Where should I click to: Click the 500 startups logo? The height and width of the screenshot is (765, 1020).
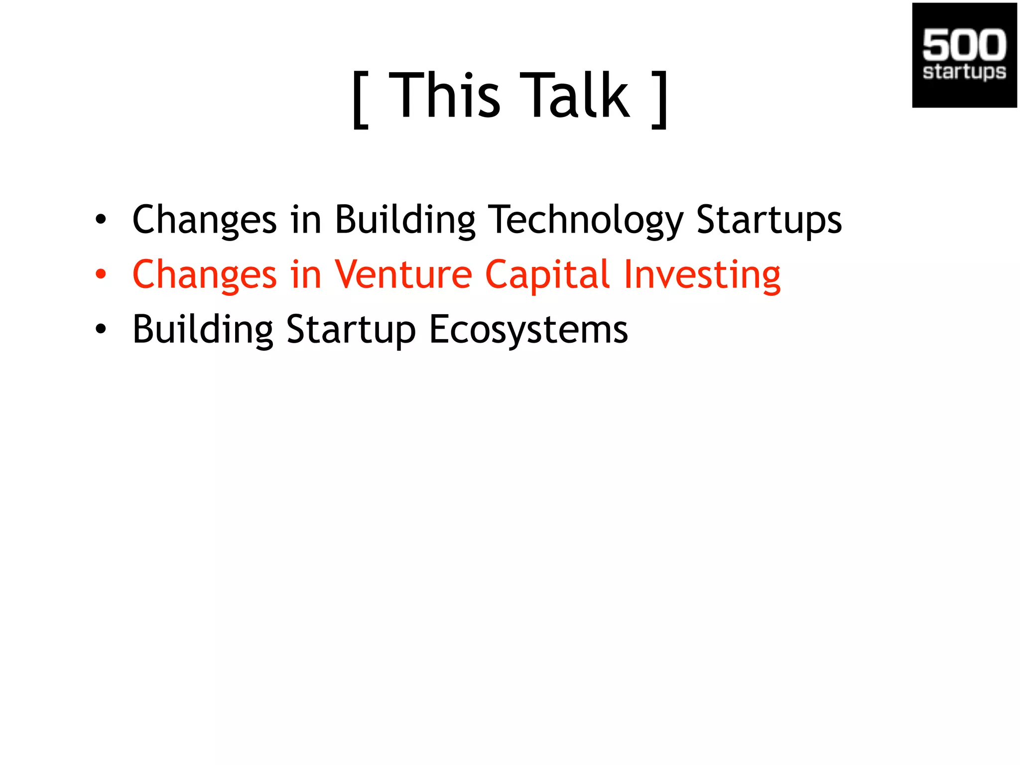[x=964, y=55]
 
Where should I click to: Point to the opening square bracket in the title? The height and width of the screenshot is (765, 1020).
[x=360, y=100]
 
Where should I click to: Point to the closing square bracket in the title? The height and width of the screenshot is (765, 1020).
[x=660, y=100]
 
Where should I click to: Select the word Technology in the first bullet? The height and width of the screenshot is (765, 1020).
[x=586, y=220]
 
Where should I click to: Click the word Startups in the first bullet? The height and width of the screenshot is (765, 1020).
[x=768, y=220]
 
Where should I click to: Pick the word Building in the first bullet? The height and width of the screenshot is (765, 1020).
[x=405, y=220]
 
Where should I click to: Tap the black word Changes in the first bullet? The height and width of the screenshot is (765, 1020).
[x=204, y=220]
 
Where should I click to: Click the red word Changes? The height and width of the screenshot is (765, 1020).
[x=204, y=274]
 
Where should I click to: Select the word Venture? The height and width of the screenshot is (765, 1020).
[x=403, y=274]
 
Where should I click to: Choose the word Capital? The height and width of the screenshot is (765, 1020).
[x=547, y=274]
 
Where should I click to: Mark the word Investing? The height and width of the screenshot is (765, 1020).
[x=702, y=274]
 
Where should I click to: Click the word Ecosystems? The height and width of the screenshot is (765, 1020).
[x=528, y=330]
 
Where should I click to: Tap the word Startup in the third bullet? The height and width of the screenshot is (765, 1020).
[x=351, y=330]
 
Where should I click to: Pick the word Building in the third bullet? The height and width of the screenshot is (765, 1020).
[x=203, y=330]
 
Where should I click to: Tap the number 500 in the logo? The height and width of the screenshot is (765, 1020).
[x=964, y=44]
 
